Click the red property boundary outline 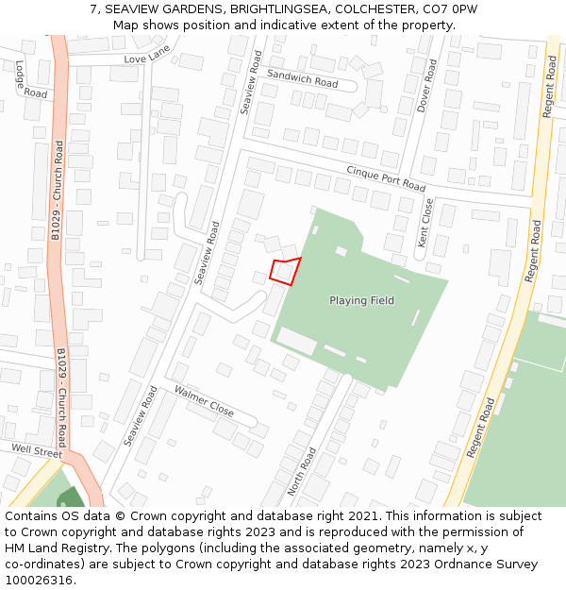pyautogui.click(x=285, y=270)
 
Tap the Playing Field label pyautogui.click(x=361, y=300)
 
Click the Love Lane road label pyautogui.click(x=146, y=59)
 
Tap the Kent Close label pyautogui.click(x=425, y=223)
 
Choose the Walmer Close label pyautogui.click(x=204, y=400)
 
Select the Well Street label pyautogui.click(x=36, y=449)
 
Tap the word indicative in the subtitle pyautogui.click(x=291, y=25)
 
